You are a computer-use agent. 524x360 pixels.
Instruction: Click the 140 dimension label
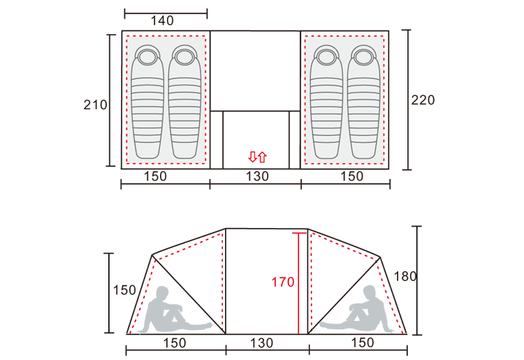pyautogui.click(x=162, y=21)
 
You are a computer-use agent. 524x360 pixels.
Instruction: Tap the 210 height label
pyautogui.click(x=95, y=105)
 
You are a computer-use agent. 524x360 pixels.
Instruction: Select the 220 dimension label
pyautogui.click(x=423, y=100)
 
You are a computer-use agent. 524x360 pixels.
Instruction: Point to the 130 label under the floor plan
pyautogui.click(x=257, y=176)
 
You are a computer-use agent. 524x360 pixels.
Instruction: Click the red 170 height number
pyautogui.click(x=283, y=282)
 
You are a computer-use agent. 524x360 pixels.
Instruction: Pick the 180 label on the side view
pyautogui.click(x=405, y=276)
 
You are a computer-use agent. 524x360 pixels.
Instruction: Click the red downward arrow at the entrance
pyautogui.click(x=253, y=157)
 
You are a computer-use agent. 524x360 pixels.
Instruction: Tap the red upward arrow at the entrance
pyautogui.click(x=262, y=157)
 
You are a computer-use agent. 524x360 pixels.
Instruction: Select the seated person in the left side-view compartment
pyautogui.click(x=175, y=310)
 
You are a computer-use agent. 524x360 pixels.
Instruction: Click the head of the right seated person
pyautogui.click(x=370, y=291)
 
